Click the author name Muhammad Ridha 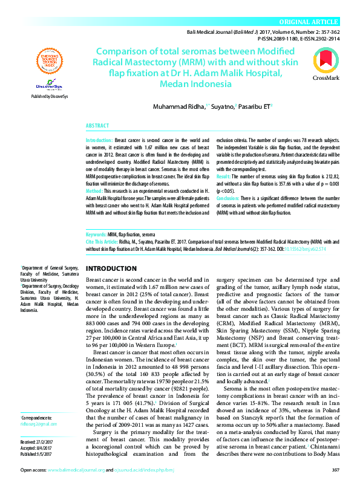click(x=178, y=107)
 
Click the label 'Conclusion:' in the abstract click(x=230, y=198)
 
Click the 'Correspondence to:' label click(x=37, y=401)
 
